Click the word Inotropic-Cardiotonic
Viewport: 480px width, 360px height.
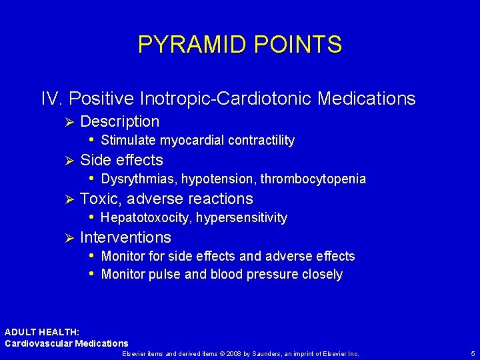[226, 99]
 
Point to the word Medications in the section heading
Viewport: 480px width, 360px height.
[367, 99]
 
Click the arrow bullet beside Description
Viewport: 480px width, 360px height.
[66, 122]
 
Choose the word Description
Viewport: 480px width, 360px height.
[119, 122]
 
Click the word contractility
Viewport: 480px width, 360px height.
[261, 141]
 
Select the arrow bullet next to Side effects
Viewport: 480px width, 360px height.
[66, 161]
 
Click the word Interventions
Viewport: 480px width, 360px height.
[125, 238]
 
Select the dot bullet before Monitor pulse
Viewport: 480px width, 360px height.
[92, 275]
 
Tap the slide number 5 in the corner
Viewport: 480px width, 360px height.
[472, 353]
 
